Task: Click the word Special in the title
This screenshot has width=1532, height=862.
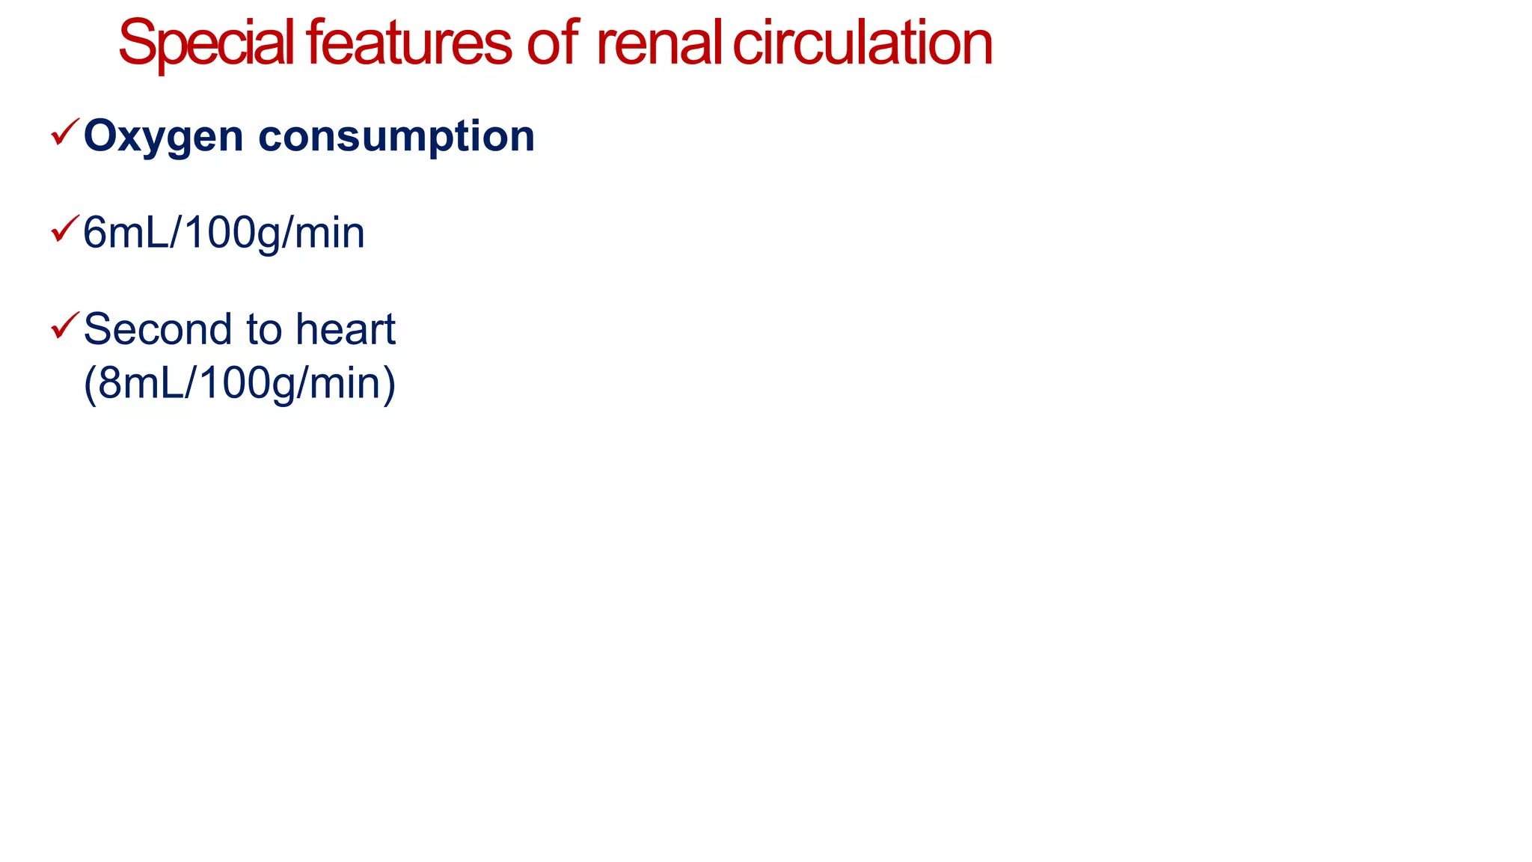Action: (206, 43)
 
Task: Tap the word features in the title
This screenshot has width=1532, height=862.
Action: (408, 43)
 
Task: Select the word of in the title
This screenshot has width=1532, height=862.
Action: (553, 43)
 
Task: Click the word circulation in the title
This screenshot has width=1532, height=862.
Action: (862, 43)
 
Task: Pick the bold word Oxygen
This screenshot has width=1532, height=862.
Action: (164, 137)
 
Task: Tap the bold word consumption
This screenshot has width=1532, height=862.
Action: (396, 137)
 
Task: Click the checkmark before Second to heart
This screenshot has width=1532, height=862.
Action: (65, 325)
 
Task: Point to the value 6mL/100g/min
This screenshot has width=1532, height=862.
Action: (224, 233)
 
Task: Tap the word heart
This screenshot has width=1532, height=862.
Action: (345, 329)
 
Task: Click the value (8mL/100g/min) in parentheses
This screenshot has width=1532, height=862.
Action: (239, 383)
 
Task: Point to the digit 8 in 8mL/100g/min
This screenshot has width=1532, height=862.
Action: (110, 383)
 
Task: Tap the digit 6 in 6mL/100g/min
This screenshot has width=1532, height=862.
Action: (95, 233)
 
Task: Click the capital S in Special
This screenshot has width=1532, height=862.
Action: (137, 43)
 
